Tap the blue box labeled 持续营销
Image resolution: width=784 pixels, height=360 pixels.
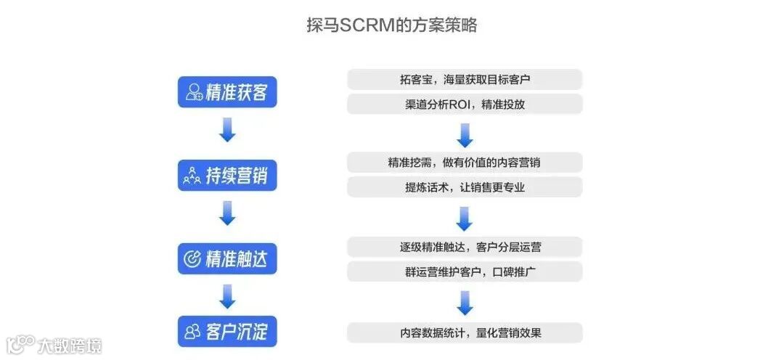(x=227, y=175)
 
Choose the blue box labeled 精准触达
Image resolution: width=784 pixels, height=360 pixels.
(x=227, y=258)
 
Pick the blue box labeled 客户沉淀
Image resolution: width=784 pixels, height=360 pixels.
(x=227, y=331)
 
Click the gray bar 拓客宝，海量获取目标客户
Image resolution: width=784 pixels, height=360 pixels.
(x=465, y=79)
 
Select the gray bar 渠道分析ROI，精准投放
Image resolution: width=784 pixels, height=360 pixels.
(x=465, y=104)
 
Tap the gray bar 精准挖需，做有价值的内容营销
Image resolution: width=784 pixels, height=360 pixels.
(x=465, y=162)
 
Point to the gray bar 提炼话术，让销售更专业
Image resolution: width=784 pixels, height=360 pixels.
(x=465, y=187)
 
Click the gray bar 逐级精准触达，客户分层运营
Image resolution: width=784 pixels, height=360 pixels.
(x=465, y=247)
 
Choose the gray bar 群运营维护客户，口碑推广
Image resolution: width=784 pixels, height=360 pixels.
(x=465, y=271)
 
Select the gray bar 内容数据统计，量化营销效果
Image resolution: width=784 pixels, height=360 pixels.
(x=465, y=333)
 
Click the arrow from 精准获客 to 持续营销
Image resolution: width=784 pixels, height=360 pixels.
(x=227, y=131)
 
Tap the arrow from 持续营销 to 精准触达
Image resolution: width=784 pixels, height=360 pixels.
(x=227, y=213)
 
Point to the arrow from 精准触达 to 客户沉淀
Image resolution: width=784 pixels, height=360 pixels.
(x=227, y=296)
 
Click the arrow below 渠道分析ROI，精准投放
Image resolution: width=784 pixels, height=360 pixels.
(x=465, y=134)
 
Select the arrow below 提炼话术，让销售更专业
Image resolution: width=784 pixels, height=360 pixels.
(x=465, y=218)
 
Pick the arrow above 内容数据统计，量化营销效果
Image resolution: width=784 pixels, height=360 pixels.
(x=465, y=303)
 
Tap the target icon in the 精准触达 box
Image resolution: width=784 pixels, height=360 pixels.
(x=192, y=259)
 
